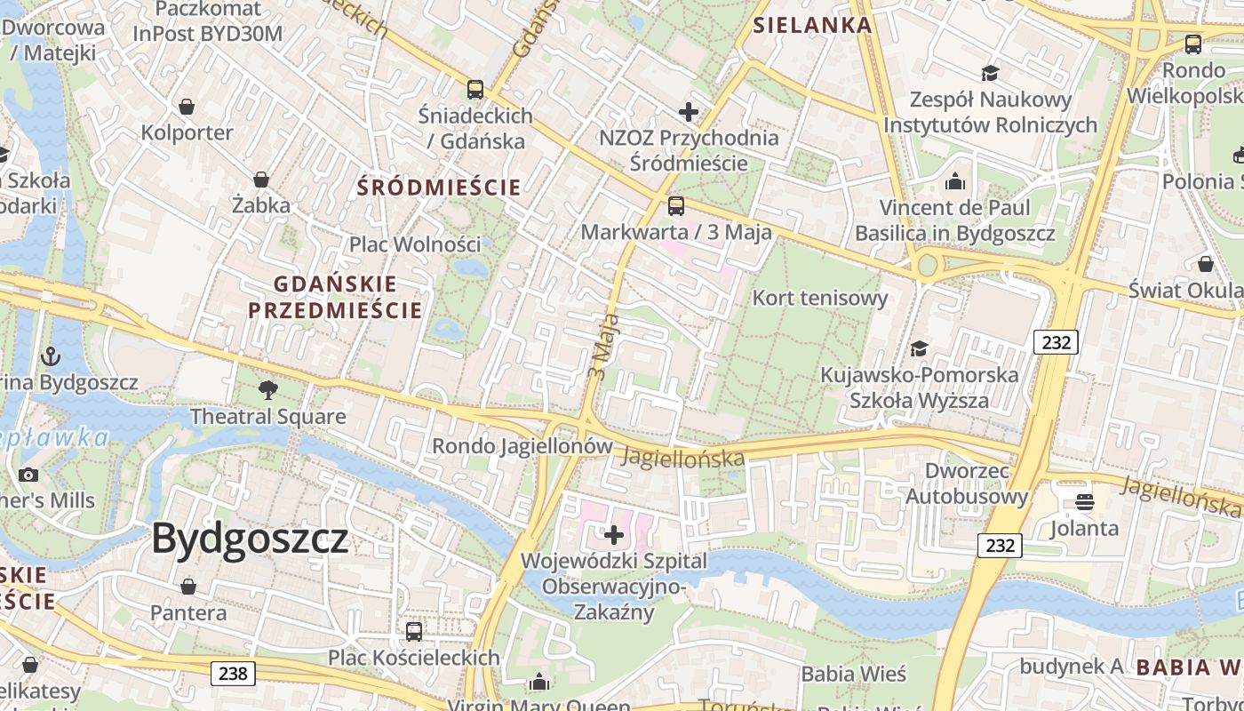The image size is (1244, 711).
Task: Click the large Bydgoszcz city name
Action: (250, 539)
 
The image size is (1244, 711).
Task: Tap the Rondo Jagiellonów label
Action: (522, 446)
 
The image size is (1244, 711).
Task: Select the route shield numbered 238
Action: (234, 673)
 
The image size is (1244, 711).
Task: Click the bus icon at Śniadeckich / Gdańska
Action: (475, 89)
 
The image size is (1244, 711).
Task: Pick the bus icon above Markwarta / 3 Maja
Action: (676, 206)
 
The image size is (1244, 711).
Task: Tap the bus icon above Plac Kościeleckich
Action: (414, 632)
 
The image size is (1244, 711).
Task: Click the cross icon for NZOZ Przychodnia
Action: (689, 112)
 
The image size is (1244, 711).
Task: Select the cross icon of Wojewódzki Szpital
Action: (614, 535)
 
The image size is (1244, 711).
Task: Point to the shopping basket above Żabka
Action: (261, 180)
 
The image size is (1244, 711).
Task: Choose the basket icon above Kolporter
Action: (187, 107)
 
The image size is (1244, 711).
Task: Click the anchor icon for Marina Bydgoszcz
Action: (52, 356)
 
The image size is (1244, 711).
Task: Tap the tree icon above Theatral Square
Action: (267, 389)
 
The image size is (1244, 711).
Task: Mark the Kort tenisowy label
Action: (820, 298)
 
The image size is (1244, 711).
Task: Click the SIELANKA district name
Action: (813, 25)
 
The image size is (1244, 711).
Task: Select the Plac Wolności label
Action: (415, 244)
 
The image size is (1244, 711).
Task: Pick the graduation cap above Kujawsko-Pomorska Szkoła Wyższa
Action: (919, 348)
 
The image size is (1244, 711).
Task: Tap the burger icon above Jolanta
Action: (1084, 502)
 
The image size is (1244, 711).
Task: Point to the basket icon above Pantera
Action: (188, 587)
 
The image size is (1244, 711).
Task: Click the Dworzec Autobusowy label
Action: (967, 483)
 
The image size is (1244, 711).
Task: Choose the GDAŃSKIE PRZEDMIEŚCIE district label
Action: (335, 297)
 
